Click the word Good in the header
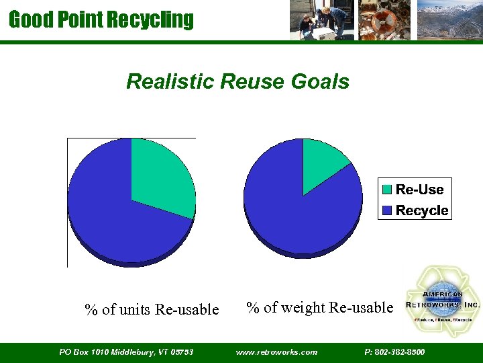click(x=26, y=19)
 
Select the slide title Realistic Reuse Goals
click(x=237, y=82)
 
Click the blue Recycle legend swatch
click(x=387, y=211)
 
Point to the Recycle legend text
click(x=421, y=211)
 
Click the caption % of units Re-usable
click(x=152, y=309)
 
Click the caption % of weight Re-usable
click(x=319, y=308)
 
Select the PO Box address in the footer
click(x=126, y=352)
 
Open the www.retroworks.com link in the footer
click(x=277, y=352)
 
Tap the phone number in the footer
click(x=394, y=352)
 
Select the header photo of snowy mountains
click(x=449, y=20)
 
